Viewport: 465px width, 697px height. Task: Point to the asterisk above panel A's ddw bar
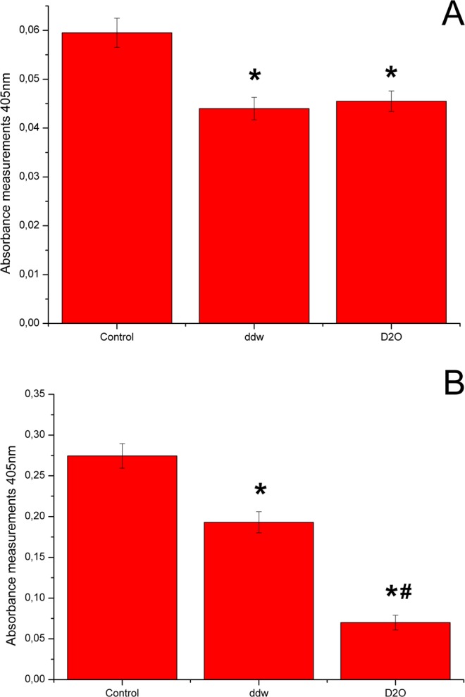tap(254, 76)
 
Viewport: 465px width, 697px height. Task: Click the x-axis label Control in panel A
tap(117, 336)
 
